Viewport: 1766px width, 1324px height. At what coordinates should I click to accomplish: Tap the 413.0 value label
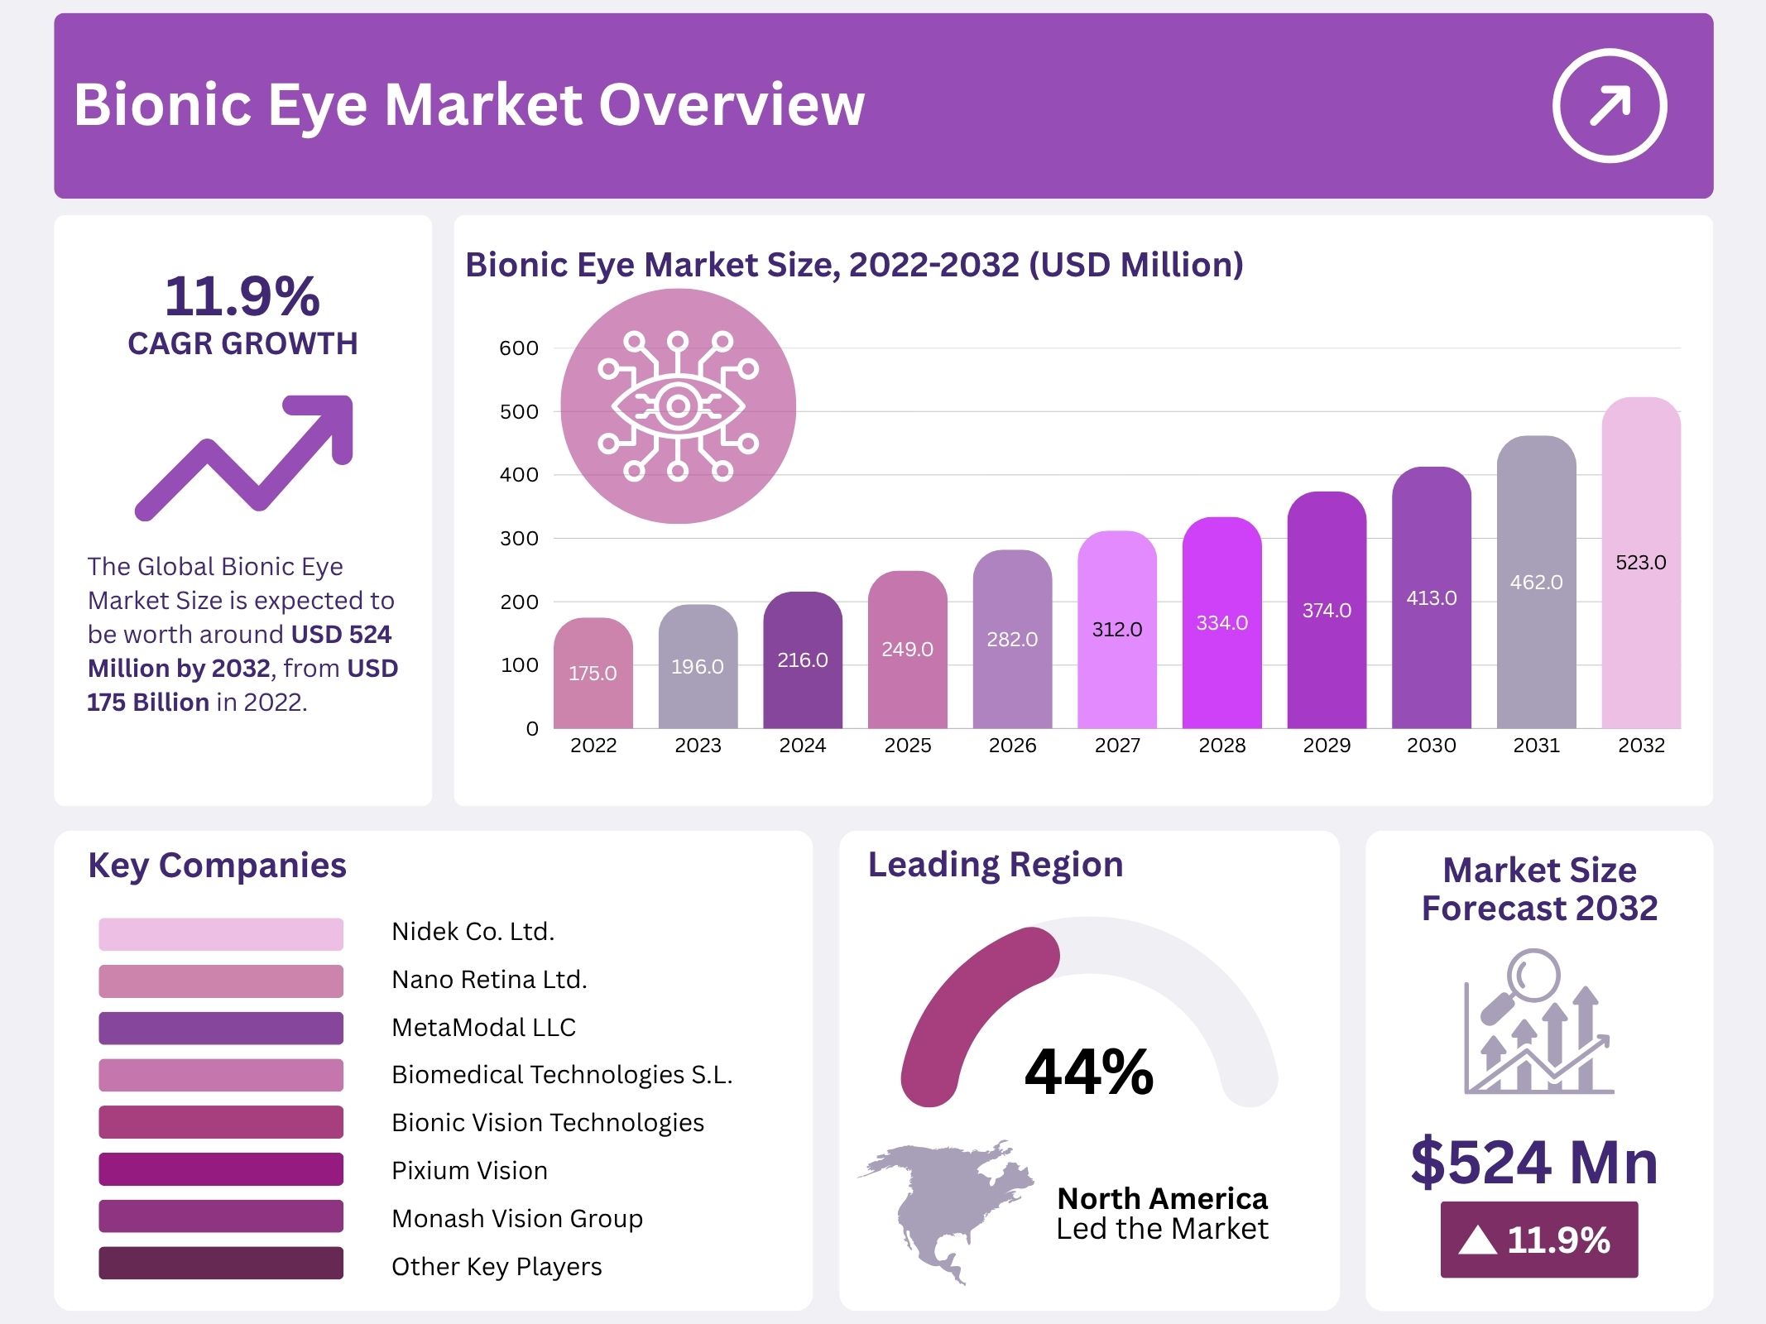(1431, 597)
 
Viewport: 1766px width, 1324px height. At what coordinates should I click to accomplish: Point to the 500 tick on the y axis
(519, 411)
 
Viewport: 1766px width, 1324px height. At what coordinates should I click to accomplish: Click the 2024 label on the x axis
(802, 746)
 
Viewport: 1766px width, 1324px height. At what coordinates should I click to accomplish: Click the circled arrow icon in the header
(1609, 106)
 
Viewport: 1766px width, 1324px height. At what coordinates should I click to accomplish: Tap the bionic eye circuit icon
(678, 406)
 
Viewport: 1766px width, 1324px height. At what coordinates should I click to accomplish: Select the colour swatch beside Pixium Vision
(220, 1169)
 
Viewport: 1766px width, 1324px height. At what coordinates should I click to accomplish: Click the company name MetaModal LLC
(483, 1027)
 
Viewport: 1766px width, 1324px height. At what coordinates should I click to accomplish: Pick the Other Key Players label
(497, 1266)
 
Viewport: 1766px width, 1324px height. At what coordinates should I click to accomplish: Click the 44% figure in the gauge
(1088, 1072)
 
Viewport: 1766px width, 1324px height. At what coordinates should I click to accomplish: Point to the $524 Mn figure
(1534, 1163)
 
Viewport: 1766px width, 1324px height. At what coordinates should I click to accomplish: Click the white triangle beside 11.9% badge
(1477, 1240)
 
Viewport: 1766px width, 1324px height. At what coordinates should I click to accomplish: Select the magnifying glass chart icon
(1538, 1023)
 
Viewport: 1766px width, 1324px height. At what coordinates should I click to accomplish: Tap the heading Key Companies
(217, 866)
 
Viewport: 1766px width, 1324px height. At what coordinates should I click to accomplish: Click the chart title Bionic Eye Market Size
(854, 265)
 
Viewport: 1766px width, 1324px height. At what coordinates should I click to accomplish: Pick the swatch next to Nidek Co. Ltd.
(220, 933)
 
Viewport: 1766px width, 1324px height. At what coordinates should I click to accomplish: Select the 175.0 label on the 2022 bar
(593, 673)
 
